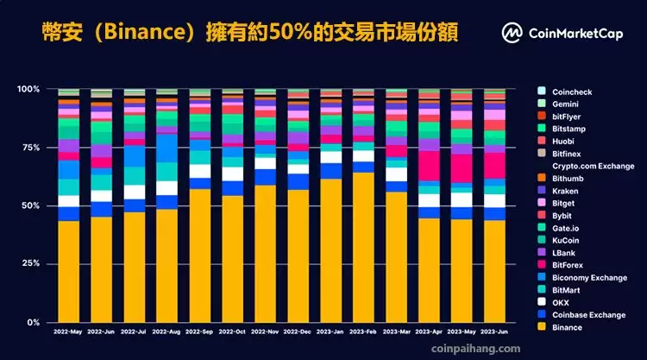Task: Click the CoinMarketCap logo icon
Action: click(x=512, y=34)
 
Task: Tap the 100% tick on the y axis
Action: click(x=28, y=89)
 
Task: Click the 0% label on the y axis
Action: click(x=33, y=322)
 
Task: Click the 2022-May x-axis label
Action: click(x=68, y=331)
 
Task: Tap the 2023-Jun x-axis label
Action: click(x=493, y=331)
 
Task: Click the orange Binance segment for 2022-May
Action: click(x=68, y=271)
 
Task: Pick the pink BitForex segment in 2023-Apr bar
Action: click(x=429, y=165)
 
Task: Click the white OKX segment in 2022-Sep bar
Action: click(x=199, y=171)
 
